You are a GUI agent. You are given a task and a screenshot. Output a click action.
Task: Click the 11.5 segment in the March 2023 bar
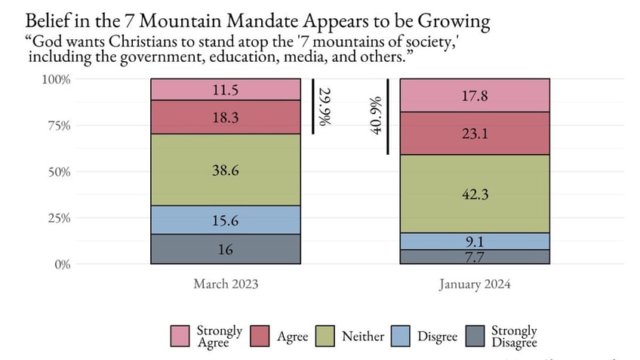tap(225, 90)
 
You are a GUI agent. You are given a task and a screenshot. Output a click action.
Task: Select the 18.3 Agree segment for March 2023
tap(225, 118)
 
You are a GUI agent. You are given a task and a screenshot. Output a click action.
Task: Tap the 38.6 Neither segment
tap(225, 171)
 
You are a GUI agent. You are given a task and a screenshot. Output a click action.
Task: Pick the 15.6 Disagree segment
tap(225, 220)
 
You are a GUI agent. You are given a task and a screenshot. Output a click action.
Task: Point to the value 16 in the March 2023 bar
tap(225, 249)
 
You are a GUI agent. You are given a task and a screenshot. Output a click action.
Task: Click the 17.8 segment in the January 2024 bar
tap(474, 96)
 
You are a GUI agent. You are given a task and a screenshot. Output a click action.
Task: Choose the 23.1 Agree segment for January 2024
tap(474, 134)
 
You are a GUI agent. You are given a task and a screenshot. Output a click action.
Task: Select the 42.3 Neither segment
tap(474, 194)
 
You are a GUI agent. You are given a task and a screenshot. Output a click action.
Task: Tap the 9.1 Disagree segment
tap(474, 242)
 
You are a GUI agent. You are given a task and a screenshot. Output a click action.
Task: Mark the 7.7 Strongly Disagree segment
tap(474, 257)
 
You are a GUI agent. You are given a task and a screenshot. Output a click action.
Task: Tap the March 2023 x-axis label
tap(226, 285)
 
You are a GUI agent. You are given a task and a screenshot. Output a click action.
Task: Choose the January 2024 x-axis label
tap(474, 285)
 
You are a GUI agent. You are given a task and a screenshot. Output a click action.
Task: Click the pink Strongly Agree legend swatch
tap(180, 337)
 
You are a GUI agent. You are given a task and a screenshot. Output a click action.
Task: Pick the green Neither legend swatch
tap(325, 337)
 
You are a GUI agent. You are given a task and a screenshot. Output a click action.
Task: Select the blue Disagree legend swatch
tap(402, 337)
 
